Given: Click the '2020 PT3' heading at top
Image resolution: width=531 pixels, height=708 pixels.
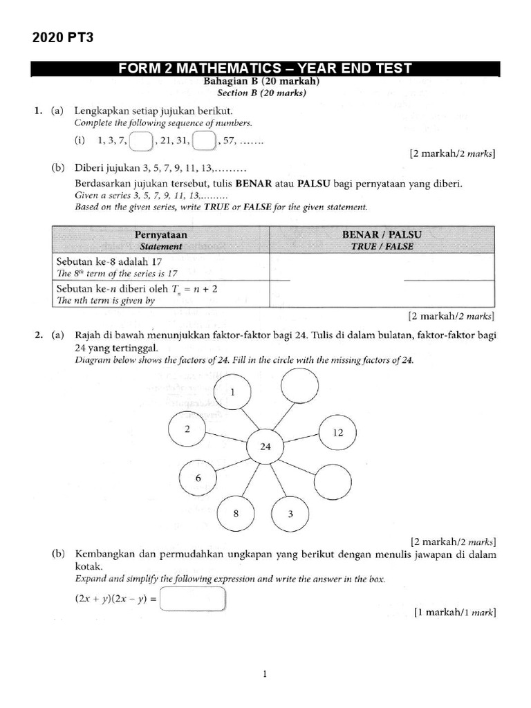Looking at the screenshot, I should click(63, 38).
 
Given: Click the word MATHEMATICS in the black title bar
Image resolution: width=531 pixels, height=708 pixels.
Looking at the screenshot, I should click(229, 68).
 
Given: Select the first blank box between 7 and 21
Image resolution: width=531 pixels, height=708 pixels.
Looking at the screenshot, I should click(140, 142).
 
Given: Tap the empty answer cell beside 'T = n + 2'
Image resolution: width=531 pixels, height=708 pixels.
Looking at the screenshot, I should click(382, 295).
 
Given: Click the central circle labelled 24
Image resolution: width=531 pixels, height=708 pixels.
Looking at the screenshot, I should click(265, 447).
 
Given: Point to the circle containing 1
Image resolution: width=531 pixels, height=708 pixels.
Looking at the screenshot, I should click(232, 392).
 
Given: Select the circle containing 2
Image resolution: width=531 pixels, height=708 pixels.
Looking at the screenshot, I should click(187, 429).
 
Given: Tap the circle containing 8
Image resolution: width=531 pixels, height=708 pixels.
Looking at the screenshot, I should click(236, 514).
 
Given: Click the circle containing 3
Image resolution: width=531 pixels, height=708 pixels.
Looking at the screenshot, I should click(290, 514).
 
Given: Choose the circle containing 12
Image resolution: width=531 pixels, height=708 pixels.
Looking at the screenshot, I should click(337, 433).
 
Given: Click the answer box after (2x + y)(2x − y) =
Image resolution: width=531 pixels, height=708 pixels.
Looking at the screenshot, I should click(193, 599).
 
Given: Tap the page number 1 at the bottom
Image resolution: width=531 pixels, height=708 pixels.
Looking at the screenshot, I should click(265, 675).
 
